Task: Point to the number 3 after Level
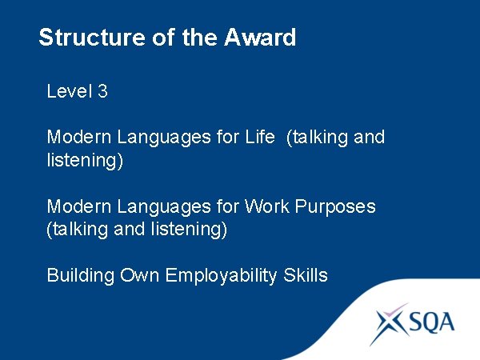102,91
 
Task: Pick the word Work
268,206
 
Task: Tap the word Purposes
335,206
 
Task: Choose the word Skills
306,275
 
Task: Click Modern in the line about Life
79,137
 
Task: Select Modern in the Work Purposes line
79,206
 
